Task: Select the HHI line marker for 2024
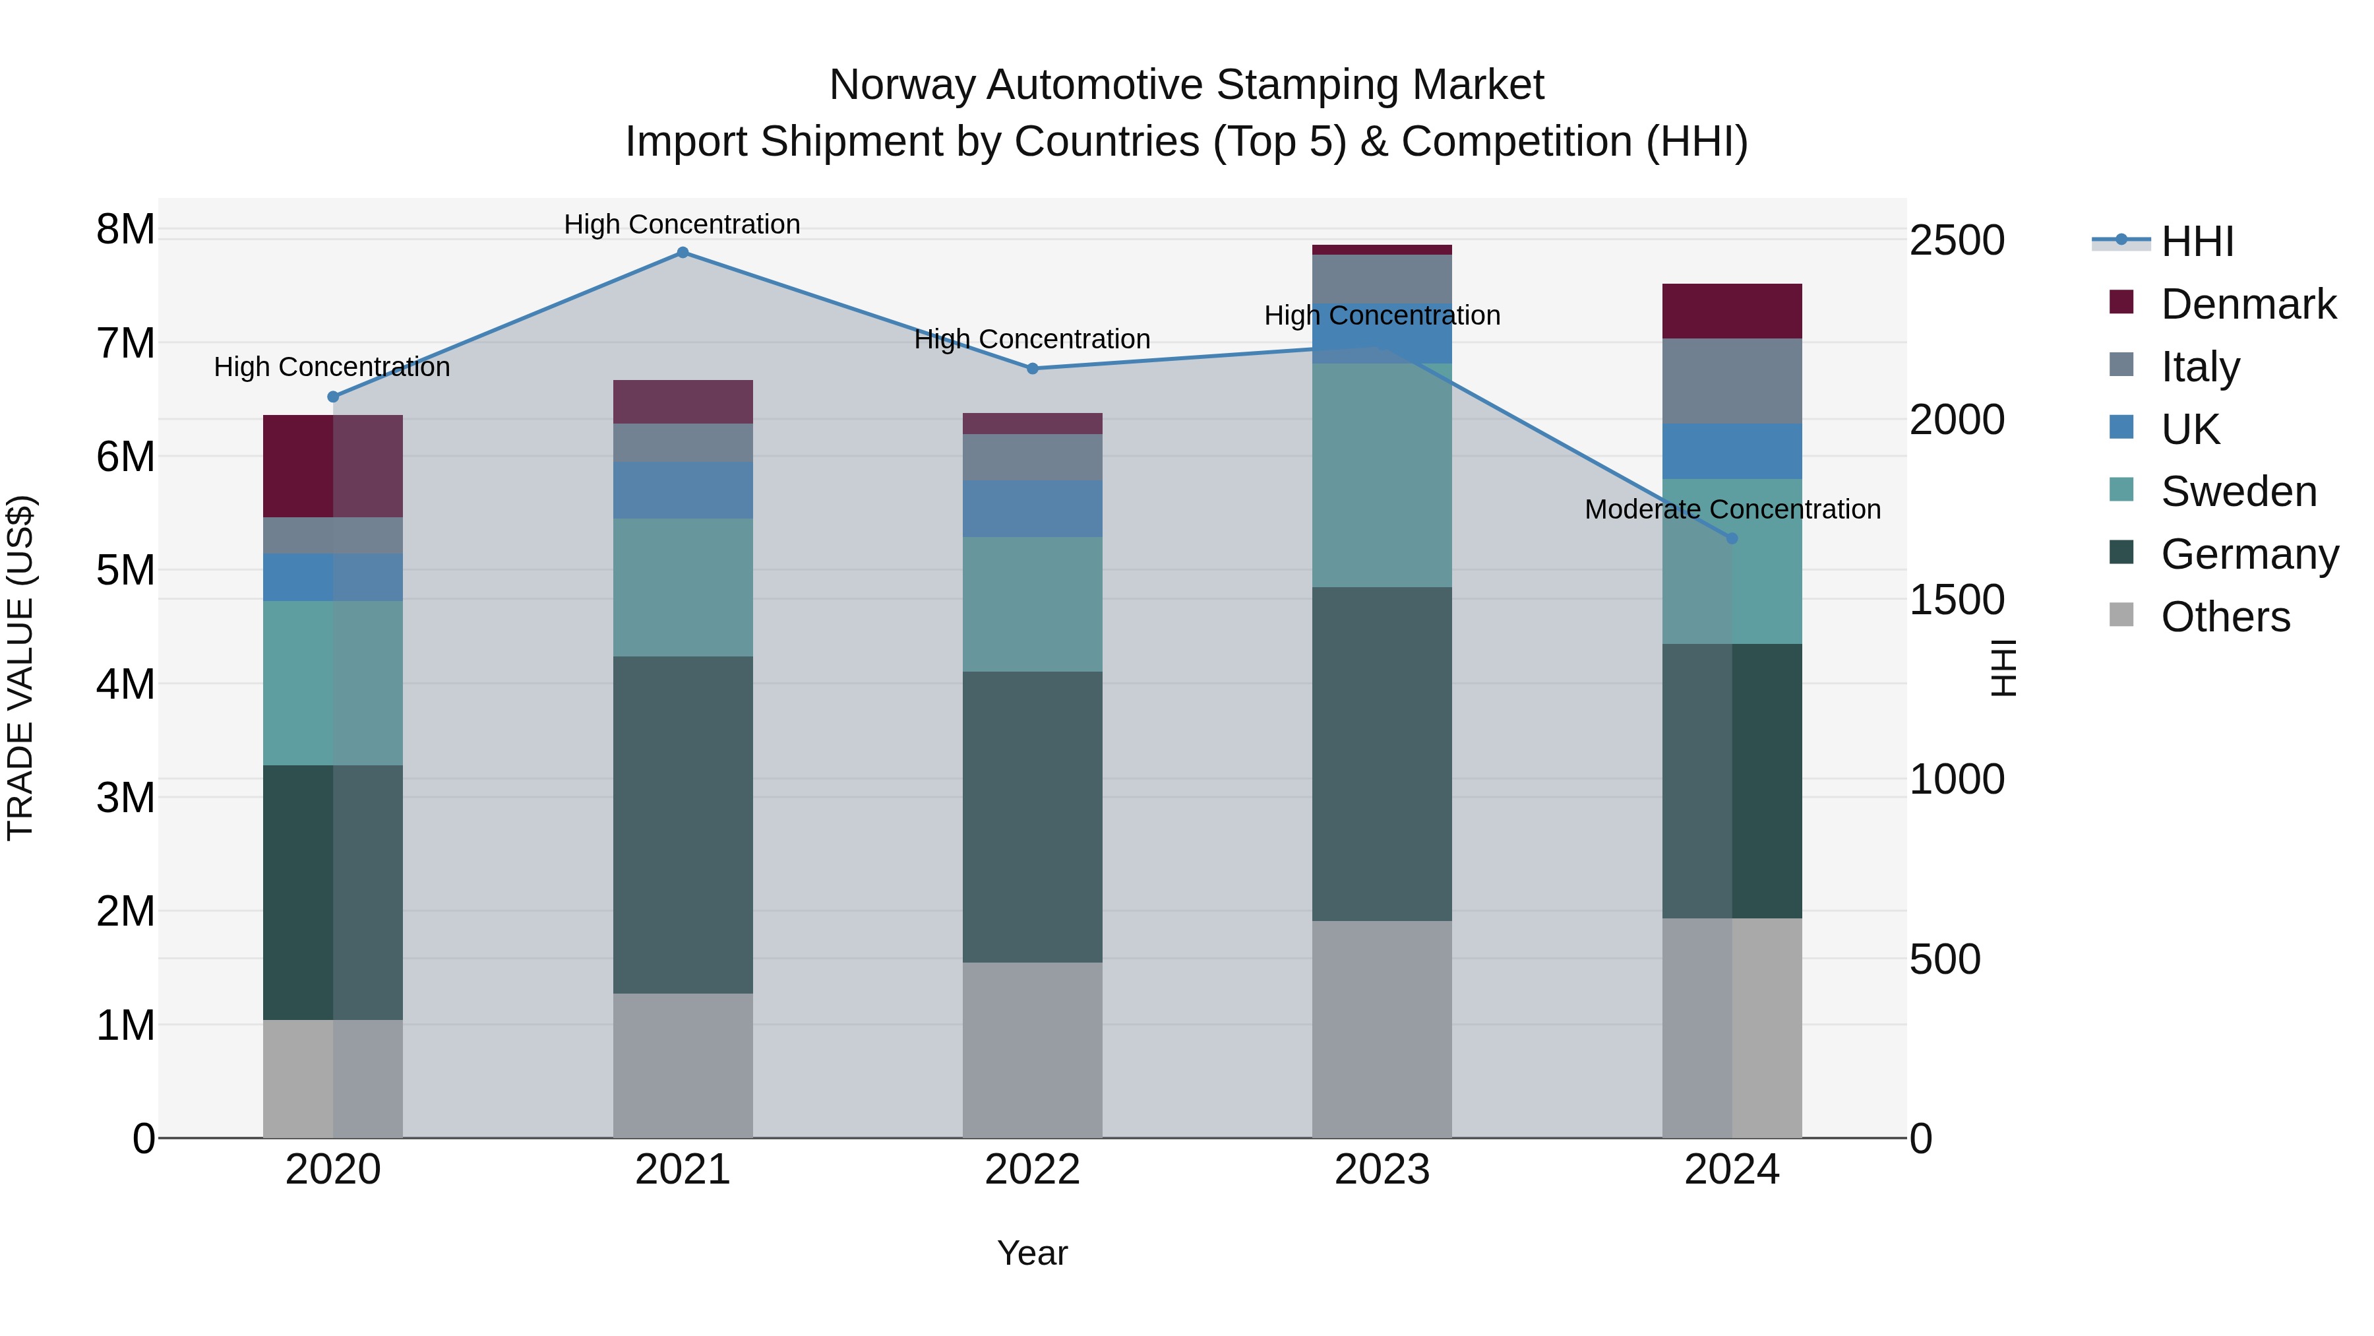(1732, 538)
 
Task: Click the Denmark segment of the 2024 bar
(1732, 311)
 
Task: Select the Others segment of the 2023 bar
(1382, 1029)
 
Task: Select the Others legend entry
(2225, 617)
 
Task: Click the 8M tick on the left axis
(125, 229)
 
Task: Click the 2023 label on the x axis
(1382, 1170)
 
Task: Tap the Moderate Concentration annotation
(1732, 509)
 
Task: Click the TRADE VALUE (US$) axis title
(20, 668)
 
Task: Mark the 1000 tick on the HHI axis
(1957, 779)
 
